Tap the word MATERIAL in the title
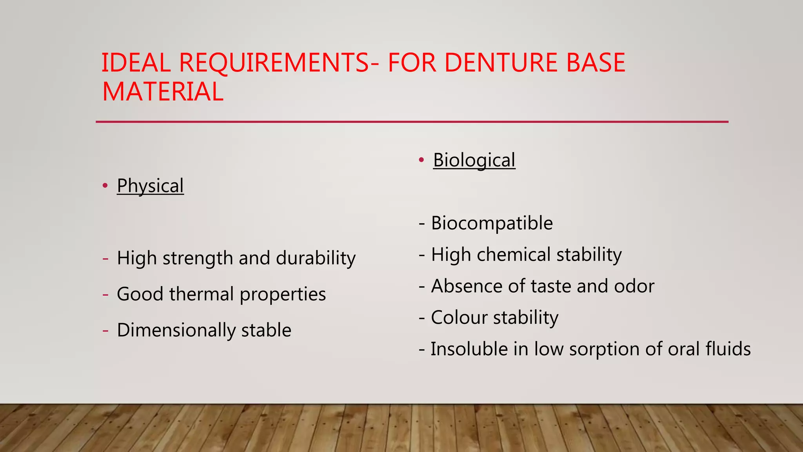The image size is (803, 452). pos(163,92)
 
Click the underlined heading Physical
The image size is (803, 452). pos(150,186)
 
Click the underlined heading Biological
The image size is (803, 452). pos(474,160)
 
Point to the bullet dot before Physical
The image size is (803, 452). pos(105,186)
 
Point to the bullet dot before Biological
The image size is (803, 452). pos(421,160)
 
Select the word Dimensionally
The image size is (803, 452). pos(176,330)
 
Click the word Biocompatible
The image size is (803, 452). pos(492,223)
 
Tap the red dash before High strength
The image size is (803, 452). pos(105,259)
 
